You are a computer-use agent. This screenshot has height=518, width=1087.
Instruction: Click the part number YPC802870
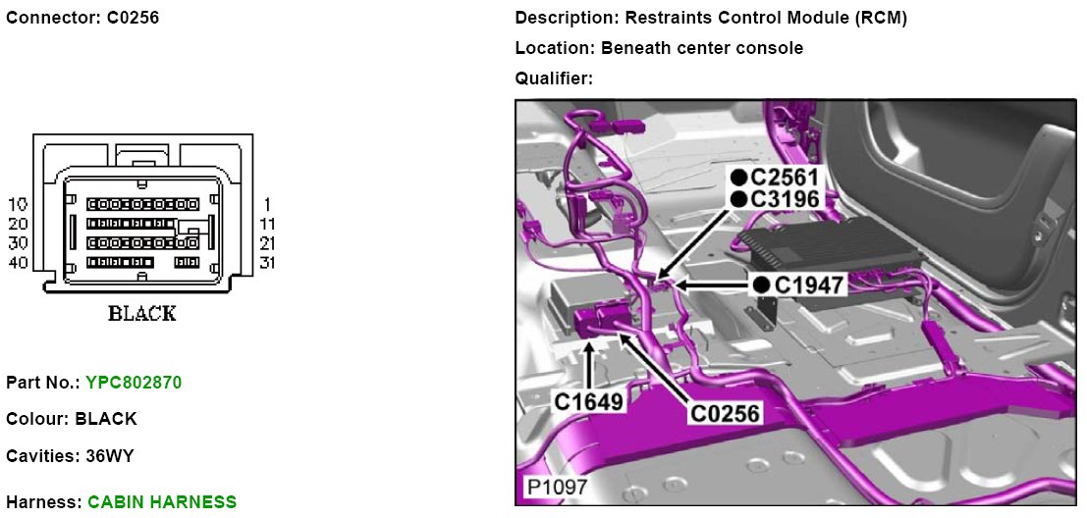tap(133, 381)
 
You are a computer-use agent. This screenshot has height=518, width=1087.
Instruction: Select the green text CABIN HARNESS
tap(162, 502)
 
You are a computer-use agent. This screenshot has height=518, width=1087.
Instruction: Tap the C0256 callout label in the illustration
tap(726, 414)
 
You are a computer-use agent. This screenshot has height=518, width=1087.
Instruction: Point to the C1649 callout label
tap(587, 401)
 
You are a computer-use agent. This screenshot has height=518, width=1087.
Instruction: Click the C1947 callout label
tap(809, 285)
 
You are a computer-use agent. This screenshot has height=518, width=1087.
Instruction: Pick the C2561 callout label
tap(785, 178)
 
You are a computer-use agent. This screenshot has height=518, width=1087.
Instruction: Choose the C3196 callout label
tap(785, 199)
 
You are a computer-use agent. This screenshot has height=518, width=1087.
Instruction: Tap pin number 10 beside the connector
tap(18, 204)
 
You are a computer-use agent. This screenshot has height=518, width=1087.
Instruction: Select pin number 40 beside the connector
tap(18, 263)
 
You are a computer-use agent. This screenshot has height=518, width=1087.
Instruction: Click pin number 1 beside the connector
tap(266, 204)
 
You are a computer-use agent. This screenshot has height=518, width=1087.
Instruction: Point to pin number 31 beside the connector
tap(266, 263)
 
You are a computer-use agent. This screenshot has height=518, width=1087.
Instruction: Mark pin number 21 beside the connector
tap(266, 243)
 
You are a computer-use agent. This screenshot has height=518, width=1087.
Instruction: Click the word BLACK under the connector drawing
tap(142, 314)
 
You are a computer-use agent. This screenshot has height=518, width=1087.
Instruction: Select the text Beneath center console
tap(702, 47)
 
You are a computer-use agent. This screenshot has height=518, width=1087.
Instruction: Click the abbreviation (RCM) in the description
tap(879, 18)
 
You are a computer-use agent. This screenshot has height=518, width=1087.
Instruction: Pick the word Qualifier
tap(553, 78)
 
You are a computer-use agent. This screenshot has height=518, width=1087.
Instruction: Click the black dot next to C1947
tap(761, 285)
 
